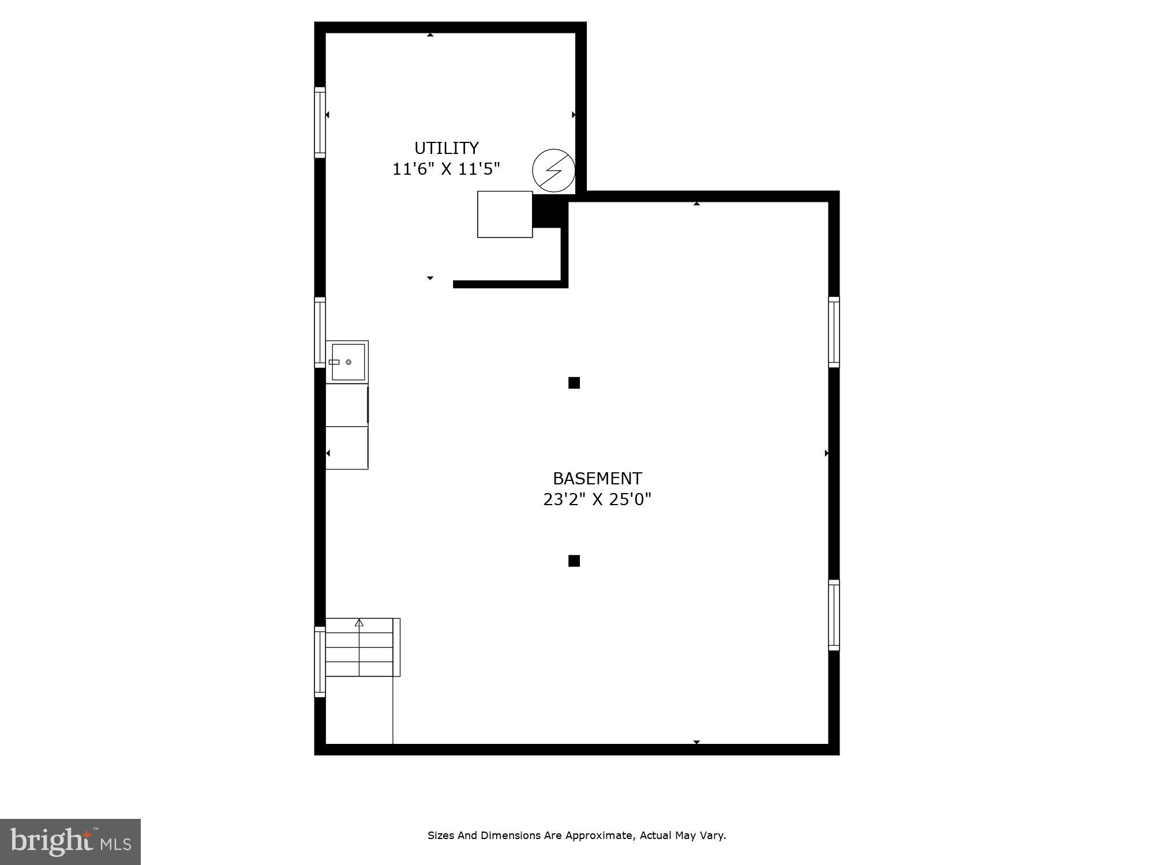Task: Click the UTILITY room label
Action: (x=446, y=148)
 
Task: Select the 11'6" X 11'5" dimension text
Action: (x=446, y=169)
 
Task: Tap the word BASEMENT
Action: (x=597, y=479)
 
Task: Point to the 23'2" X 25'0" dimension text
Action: (x=597, y=499)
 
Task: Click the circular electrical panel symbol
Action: (x=553, y=170)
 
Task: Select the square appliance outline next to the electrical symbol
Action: (x=504, y=214)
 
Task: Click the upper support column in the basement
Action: (x=574, y=383)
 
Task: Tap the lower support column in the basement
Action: (x=574, y=561)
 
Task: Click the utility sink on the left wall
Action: (x=347, y=362)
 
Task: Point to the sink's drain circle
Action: (x=349, y=362)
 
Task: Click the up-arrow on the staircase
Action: (x=359, y=623)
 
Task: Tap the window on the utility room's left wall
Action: (x=320, y=122)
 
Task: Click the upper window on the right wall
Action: (x=834, y=332)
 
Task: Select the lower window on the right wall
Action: (x=834, y=615)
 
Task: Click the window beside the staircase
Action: (x=320, y=662)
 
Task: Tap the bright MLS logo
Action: (x=70, y=842)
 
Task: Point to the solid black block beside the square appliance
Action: (x=546, y=211)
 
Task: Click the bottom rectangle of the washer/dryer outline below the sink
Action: (x=347, y=448)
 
